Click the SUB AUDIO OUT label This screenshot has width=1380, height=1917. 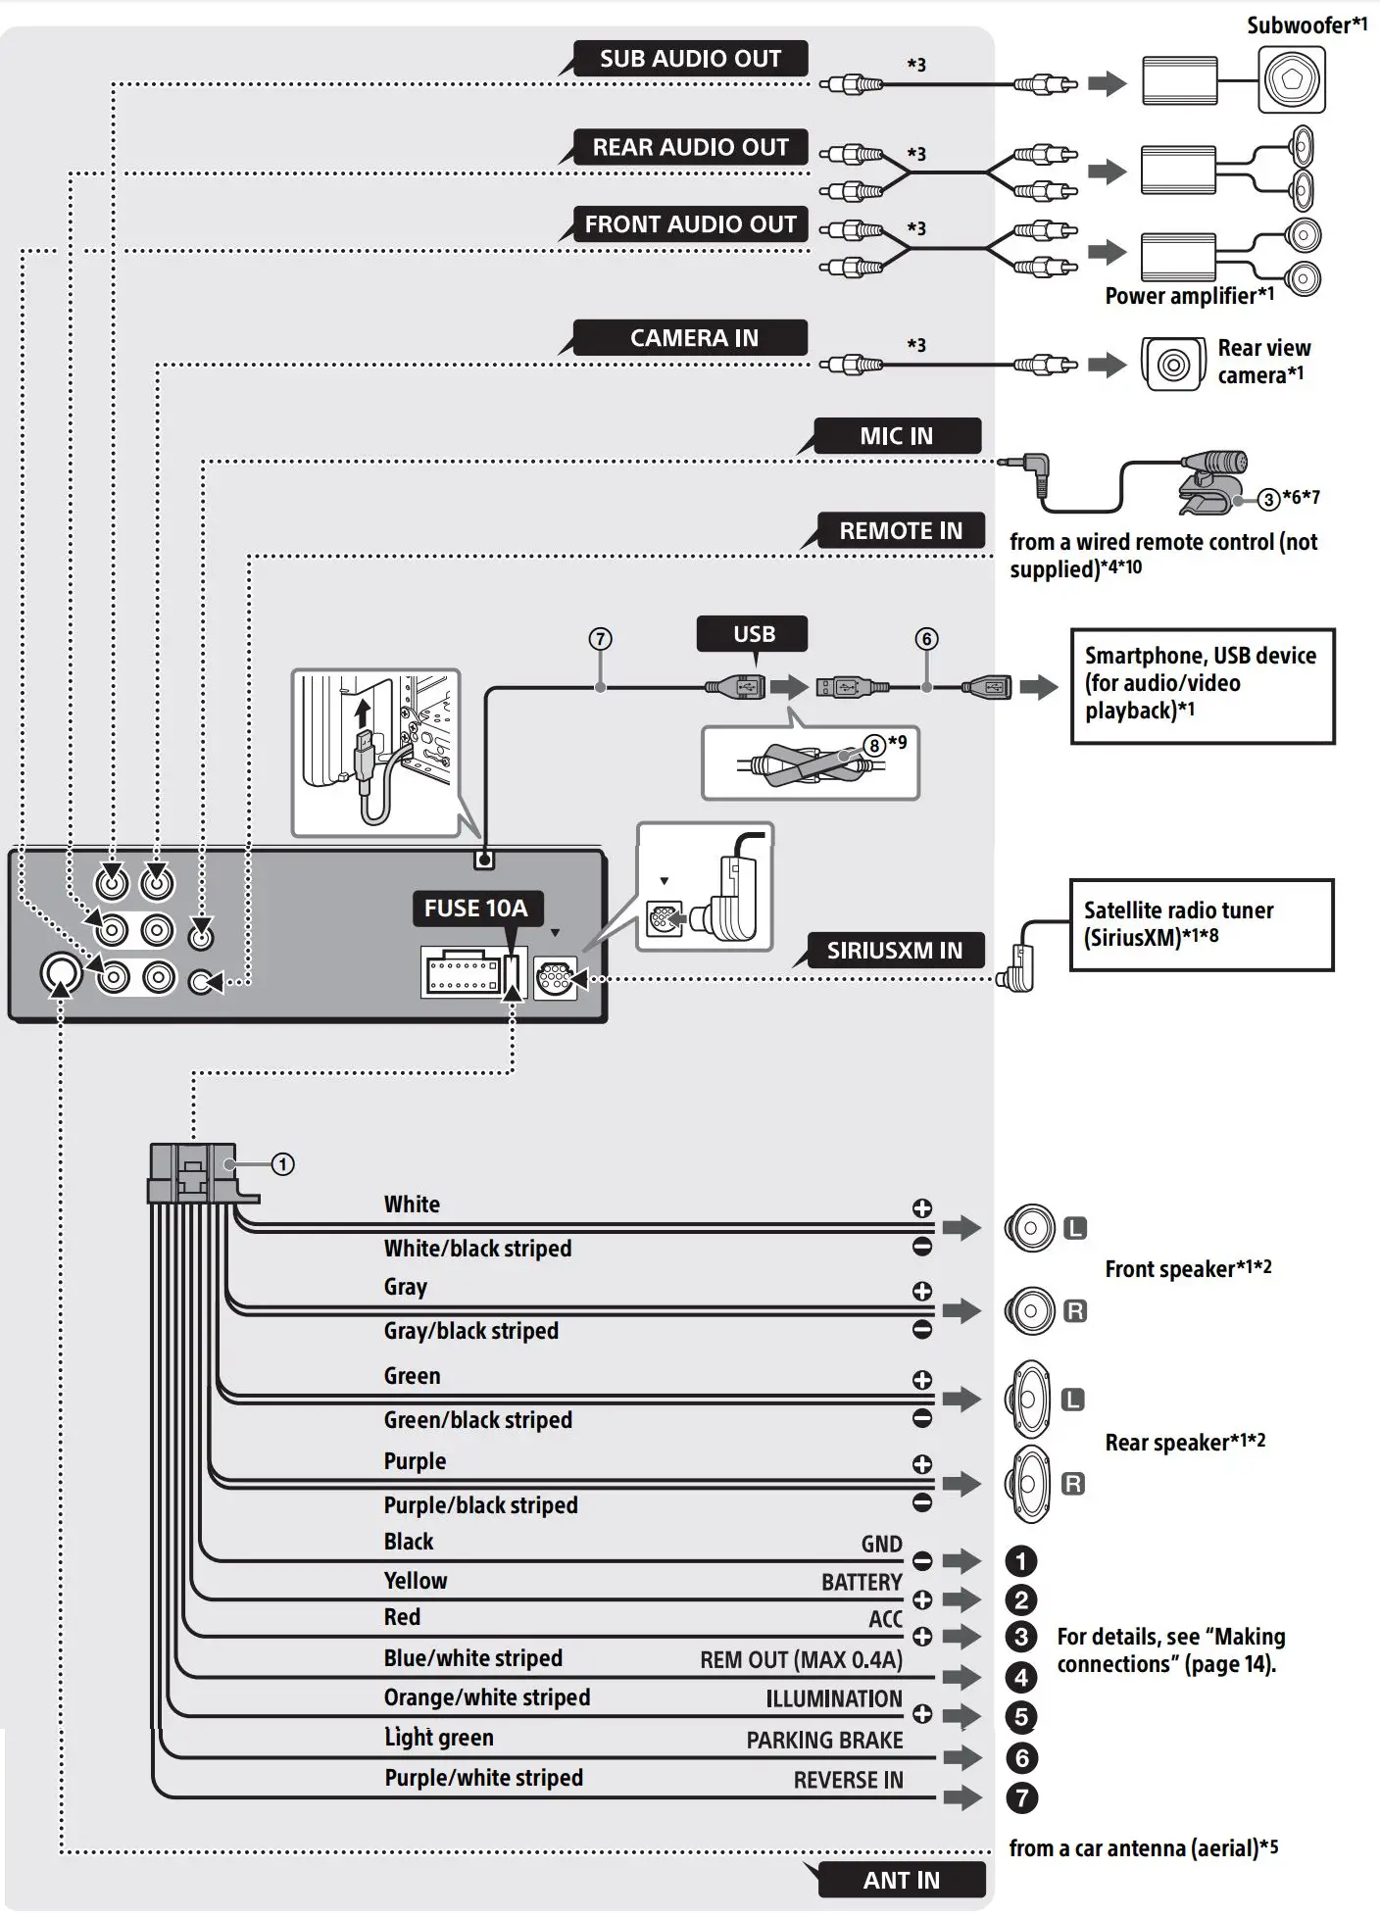690,59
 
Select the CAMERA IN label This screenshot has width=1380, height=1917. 693,338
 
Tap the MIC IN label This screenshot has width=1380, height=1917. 896,436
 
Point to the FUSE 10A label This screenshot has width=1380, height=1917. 475,909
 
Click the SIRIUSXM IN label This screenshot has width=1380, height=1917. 894,951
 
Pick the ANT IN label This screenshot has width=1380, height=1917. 901,1880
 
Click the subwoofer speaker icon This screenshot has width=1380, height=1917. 1292,79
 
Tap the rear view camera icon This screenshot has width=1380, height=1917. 1173,365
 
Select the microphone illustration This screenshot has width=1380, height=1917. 1211,480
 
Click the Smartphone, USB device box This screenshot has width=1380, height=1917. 1202,685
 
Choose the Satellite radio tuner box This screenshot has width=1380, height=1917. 1201,924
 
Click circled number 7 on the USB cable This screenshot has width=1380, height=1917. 600,639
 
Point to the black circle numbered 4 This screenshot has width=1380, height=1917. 1021,1677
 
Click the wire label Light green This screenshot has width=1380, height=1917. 438,1738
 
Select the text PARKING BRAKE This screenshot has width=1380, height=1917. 824,1740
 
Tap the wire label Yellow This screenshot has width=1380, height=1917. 415,1581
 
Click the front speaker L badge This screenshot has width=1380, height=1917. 1075,1228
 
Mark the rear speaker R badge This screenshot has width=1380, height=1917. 1073,1484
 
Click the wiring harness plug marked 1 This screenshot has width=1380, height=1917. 192,1173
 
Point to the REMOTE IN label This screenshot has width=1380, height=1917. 900,531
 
